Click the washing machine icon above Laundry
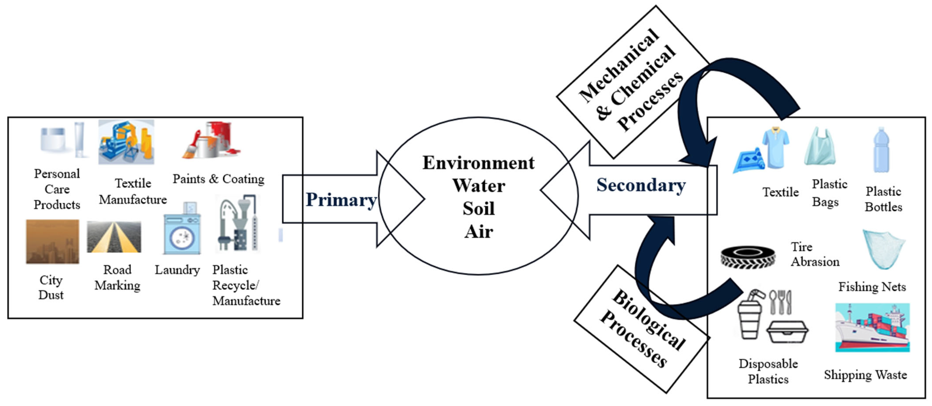tap(182, 232)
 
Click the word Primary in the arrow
tap(341, 200)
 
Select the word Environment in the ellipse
tap(478, 163)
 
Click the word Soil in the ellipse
tap(478, 209)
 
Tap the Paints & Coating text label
tap(218, 179)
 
